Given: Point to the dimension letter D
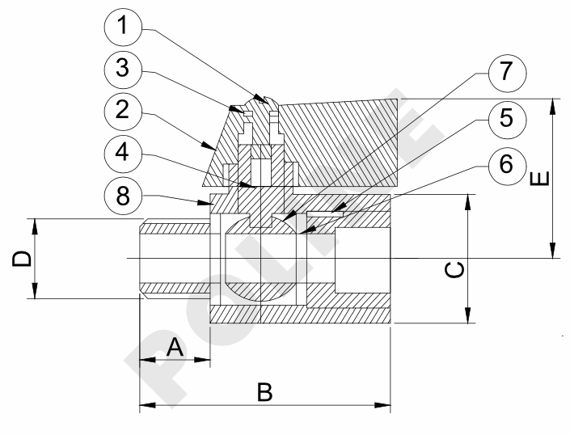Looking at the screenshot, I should [x=23, y=259].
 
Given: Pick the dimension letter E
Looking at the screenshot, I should [x=543, y=176].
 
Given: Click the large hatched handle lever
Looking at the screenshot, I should [x=340, y=137].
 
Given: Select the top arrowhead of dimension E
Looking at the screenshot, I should [x=553, y=105].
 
